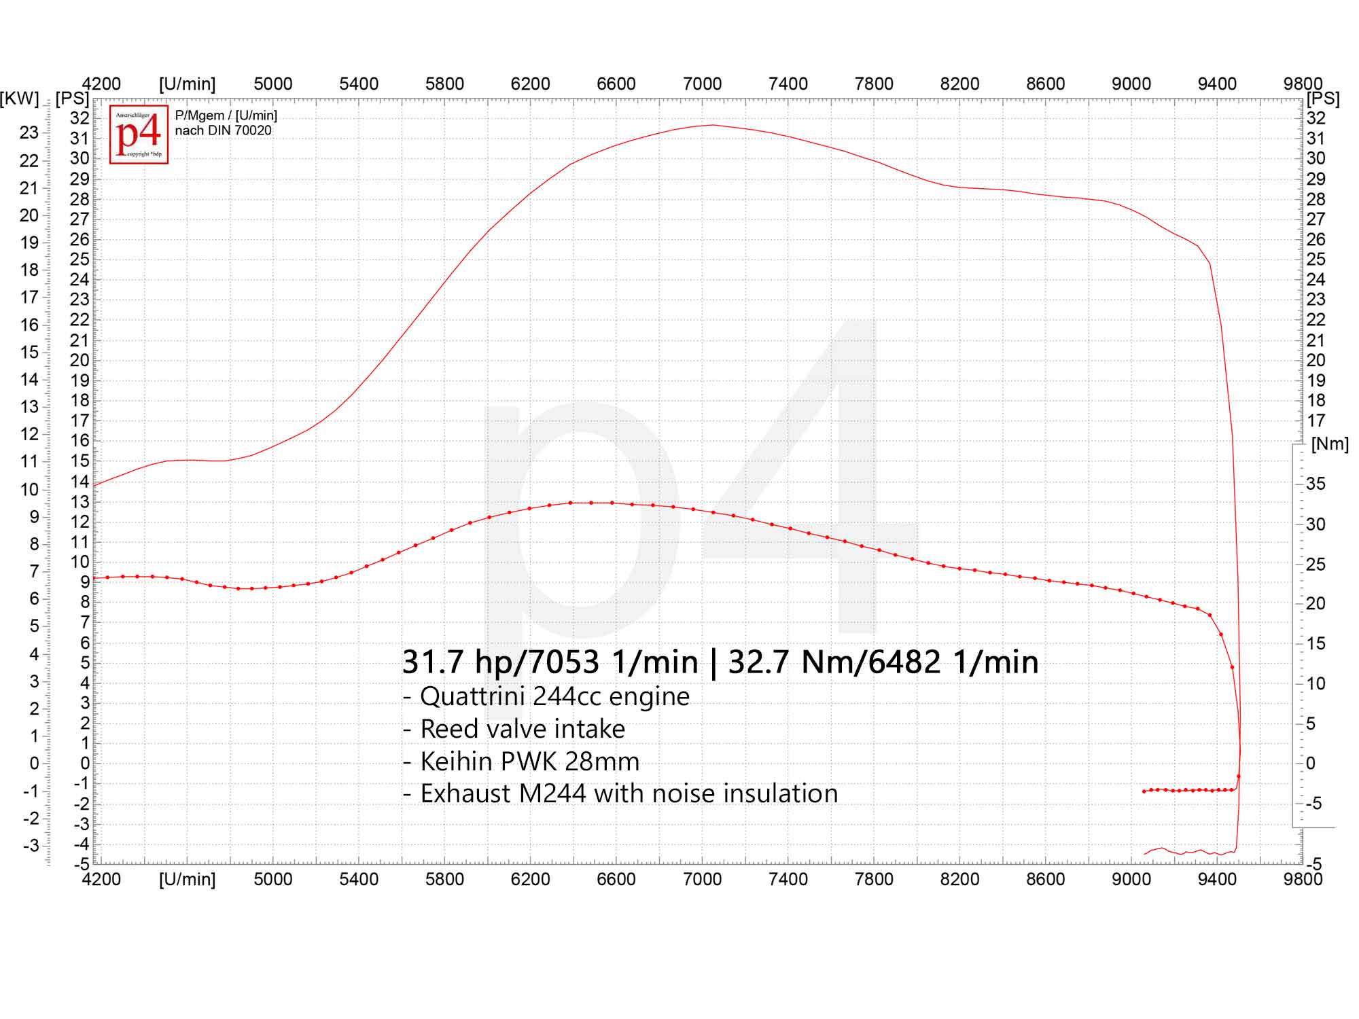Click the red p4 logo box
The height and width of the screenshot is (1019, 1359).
pyautogui.click(x=139, y=135)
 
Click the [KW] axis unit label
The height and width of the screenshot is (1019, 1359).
pyautogui.click(x=20, y=99)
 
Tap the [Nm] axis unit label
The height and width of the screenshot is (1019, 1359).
pyautogui.click(x=1330, y=444)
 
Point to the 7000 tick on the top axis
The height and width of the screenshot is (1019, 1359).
pyautogui.click(x=702, y=84)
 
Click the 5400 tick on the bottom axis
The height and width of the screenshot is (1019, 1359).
pyautogui.click(x=359, y=879)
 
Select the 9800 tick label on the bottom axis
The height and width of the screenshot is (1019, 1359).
pyautogui.click(x=1303, y=879)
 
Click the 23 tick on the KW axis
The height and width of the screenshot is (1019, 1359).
pyautogui.click(x=29, y=132)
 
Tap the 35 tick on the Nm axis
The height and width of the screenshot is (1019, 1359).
pyautogui.click(x=1316, y=484)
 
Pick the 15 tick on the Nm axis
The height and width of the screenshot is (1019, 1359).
pyautogui.click(x=1316, y=643)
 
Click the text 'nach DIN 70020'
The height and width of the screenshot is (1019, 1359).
pyautogui.click(x=223, y=130)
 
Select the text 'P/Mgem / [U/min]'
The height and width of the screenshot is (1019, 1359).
pyautogui.click(x=226, y=115)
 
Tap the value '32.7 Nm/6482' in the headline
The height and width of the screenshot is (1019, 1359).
pyautogui.click(x=834, y=662)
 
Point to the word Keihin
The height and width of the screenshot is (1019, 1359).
pyautogui.click(x=458, y=762)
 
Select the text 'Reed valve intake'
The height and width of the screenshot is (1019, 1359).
pyautogui.click(x=522, y=729)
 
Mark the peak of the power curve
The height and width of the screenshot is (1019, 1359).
pyautogui.click(x=712, y=125)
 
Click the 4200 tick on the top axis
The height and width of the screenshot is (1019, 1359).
pyautogui.click(x=101, y=84)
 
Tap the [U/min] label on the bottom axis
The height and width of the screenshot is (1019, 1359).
pyautogui.click(x=187, y=879)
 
